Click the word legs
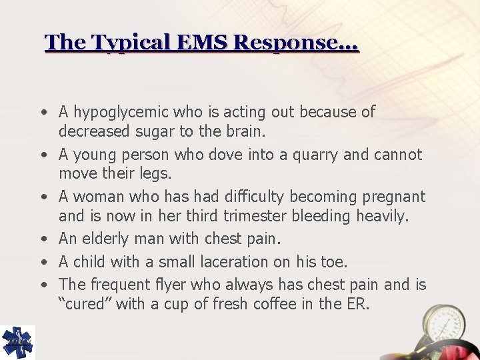155,173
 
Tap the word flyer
171,285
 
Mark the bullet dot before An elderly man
42,239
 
